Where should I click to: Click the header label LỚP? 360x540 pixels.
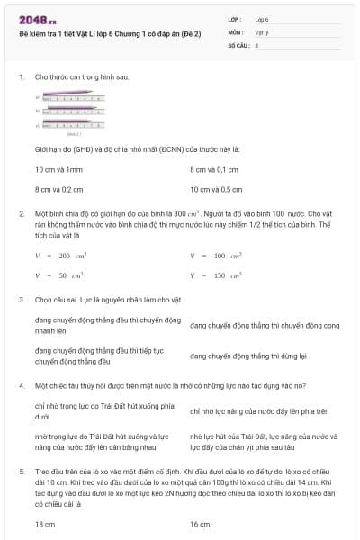[236, 18]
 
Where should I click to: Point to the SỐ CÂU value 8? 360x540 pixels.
[257, 43]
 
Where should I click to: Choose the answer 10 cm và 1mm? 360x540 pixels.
[58, 169]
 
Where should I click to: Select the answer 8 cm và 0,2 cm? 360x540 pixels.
[58, 189]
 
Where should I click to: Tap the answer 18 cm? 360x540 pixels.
[45, 523]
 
